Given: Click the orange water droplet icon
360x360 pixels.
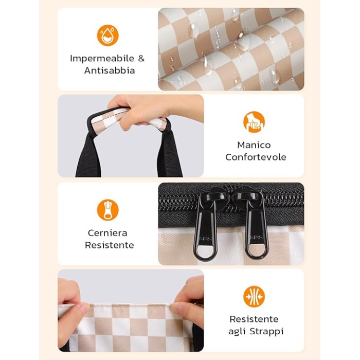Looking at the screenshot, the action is click(107, 35).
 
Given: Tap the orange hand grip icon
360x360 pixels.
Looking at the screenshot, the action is click(254, 122).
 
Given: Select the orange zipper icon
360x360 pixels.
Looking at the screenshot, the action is click(107, 210).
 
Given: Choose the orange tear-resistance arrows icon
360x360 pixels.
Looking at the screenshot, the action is click(254, 296).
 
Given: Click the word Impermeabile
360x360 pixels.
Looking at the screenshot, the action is click(102, 59).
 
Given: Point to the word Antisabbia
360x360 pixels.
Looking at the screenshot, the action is click(110, 70).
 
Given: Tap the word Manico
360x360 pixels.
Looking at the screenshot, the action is click(254, 145).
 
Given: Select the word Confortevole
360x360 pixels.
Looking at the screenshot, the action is click(256, 157).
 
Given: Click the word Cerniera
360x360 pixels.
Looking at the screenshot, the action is click(107, 233).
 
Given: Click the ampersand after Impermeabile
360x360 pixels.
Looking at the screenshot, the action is click(141, 58).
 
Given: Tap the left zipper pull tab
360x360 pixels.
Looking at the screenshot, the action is click(205, 234).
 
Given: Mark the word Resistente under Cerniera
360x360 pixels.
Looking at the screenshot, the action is click(109, 245).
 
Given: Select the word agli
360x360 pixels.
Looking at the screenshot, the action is click(237, 332).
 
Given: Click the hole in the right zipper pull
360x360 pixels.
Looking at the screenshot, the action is click(257, 250).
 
